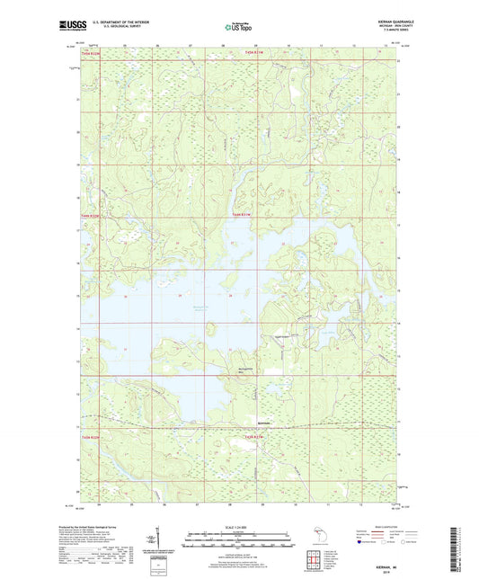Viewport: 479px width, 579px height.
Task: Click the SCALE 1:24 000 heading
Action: click(x=238, y=527)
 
